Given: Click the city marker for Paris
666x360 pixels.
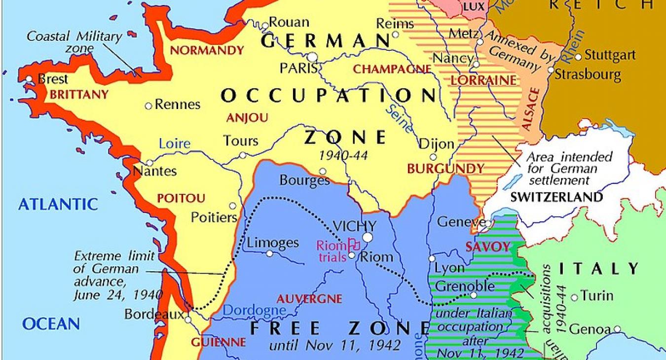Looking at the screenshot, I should point(312,57).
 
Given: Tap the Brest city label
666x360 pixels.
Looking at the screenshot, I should point(53,79).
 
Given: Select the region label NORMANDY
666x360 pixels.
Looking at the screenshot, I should point(207,50).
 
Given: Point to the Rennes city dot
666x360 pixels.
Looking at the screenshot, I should point(148,106).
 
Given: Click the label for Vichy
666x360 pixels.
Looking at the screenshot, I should point(354,226).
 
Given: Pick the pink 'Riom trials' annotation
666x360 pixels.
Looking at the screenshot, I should point(332,251).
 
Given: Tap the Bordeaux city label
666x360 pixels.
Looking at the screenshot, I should point(154,314).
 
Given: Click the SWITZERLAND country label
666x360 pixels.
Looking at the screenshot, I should point(556,197).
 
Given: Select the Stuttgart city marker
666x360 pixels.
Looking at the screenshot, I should point(578,56).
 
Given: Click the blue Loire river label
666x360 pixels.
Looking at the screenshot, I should point(174,144).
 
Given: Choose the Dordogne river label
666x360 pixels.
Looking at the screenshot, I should point(254,310).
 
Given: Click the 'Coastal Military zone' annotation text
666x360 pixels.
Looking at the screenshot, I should point(74,42).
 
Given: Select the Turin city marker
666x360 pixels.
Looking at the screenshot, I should point(574,297).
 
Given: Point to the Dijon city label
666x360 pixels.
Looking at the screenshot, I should point(436,144).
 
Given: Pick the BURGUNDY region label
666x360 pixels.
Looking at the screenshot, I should point(445,169).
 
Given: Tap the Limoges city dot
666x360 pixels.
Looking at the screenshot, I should point(269,253).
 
